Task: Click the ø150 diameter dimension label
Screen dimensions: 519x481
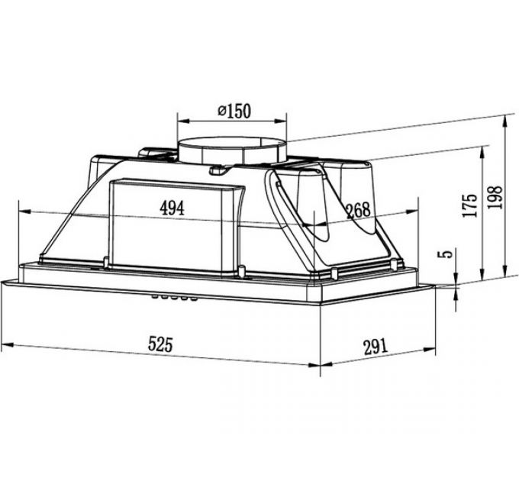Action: (234, 111)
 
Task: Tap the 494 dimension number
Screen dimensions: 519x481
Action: (172, 208)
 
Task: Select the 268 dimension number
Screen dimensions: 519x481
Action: (358, 210)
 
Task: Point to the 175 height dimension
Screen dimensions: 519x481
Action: (470, 205)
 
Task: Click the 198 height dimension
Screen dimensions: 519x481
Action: (495, 197)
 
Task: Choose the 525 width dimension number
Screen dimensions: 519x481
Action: (160, 344)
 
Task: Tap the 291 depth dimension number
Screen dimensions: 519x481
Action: (376, 347)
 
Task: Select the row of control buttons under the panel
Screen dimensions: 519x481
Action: (175, 298)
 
